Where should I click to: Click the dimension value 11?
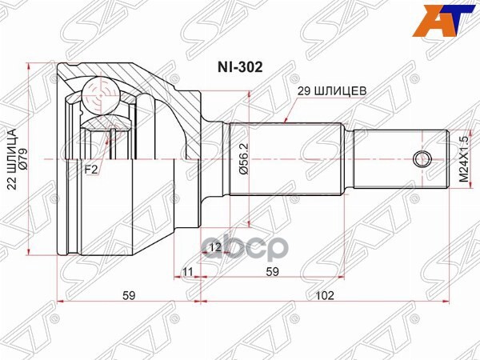pos(187,272)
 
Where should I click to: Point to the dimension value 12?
pos(214,247)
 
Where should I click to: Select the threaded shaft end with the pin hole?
pos(400,158)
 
